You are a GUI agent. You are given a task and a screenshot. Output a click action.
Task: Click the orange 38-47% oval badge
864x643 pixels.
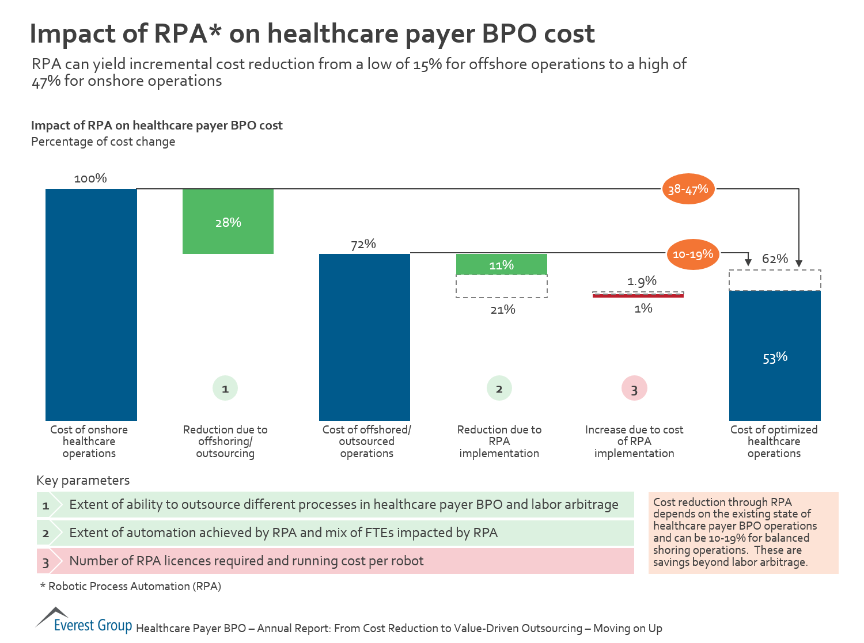click(688, 189)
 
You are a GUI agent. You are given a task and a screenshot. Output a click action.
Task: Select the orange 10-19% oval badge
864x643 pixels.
click(692, 254)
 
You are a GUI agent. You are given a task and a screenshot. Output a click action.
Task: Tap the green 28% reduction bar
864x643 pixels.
click(228, 222)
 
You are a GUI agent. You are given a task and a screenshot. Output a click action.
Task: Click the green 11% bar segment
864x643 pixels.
click(501, 265)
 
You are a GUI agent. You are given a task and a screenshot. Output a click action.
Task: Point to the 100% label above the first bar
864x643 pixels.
click(90, 178)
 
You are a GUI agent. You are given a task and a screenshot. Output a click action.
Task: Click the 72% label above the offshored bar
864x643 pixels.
click(363, 244)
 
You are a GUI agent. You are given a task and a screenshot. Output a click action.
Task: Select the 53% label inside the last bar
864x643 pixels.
click(775, 357)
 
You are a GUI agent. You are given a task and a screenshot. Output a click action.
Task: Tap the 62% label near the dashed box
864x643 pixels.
click(775, 258)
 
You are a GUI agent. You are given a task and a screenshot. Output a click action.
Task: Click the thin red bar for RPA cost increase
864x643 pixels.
click(638, 295)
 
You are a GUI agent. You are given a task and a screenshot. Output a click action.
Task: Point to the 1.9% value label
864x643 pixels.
click(642, 281)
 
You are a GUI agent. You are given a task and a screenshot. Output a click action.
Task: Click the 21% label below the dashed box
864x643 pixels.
click(502, 310)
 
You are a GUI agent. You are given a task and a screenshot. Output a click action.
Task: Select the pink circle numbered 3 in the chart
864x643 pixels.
click(634, 389)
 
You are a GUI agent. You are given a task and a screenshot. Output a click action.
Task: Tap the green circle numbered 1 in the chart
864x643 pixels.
click(225, 389)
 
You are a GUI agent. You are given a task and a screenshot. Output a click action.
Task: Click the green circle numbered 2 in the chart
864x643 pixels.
click(499, 389)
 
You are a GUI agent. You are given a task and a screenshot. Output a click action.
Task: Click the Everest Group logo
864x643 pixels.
click(84, 621)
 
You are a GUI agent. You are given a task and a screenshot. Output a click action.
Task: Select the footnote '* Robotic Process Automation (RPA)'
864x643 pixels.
click(131, 586)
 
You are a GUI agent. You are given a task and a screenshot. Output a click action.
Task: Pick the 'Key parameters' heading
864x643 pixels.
click(83, 480)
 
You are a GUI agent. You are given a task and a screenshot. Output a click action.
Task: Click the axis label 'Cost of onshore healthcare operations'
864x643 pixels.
click(89, 441)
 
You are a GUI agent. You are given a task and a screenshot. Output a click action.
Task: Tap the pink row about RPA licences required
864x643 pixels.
click(335, 561)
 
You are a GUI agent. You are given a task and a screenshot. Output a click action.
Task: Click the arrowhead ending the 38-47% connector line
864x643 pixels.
click(799, 264)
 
